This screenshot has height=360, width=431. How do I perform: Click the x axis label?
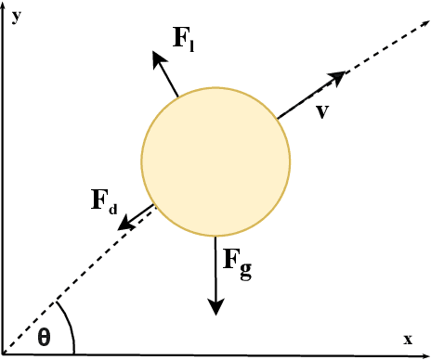pos(407,340)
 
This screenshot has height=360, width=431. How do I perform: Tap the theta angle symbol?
pos(44,337)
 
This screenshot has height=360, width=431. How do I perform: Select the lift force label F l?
pos(187,39)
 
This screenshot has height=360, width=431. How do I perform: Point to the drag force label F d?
pos(103,201)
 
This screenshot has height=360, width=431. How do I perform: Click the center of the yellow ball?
pos(215,161)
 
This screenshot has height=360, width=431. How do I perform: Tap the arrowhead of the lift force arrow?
pos(154,56)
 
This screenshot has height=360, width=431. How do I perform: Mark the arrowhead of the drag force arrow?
pos(124,225)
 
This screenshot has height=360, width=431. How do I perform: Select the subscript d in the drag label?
pos(112,209)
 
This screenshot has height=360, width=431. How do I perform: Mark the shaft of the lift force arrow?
pos(167,76)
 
